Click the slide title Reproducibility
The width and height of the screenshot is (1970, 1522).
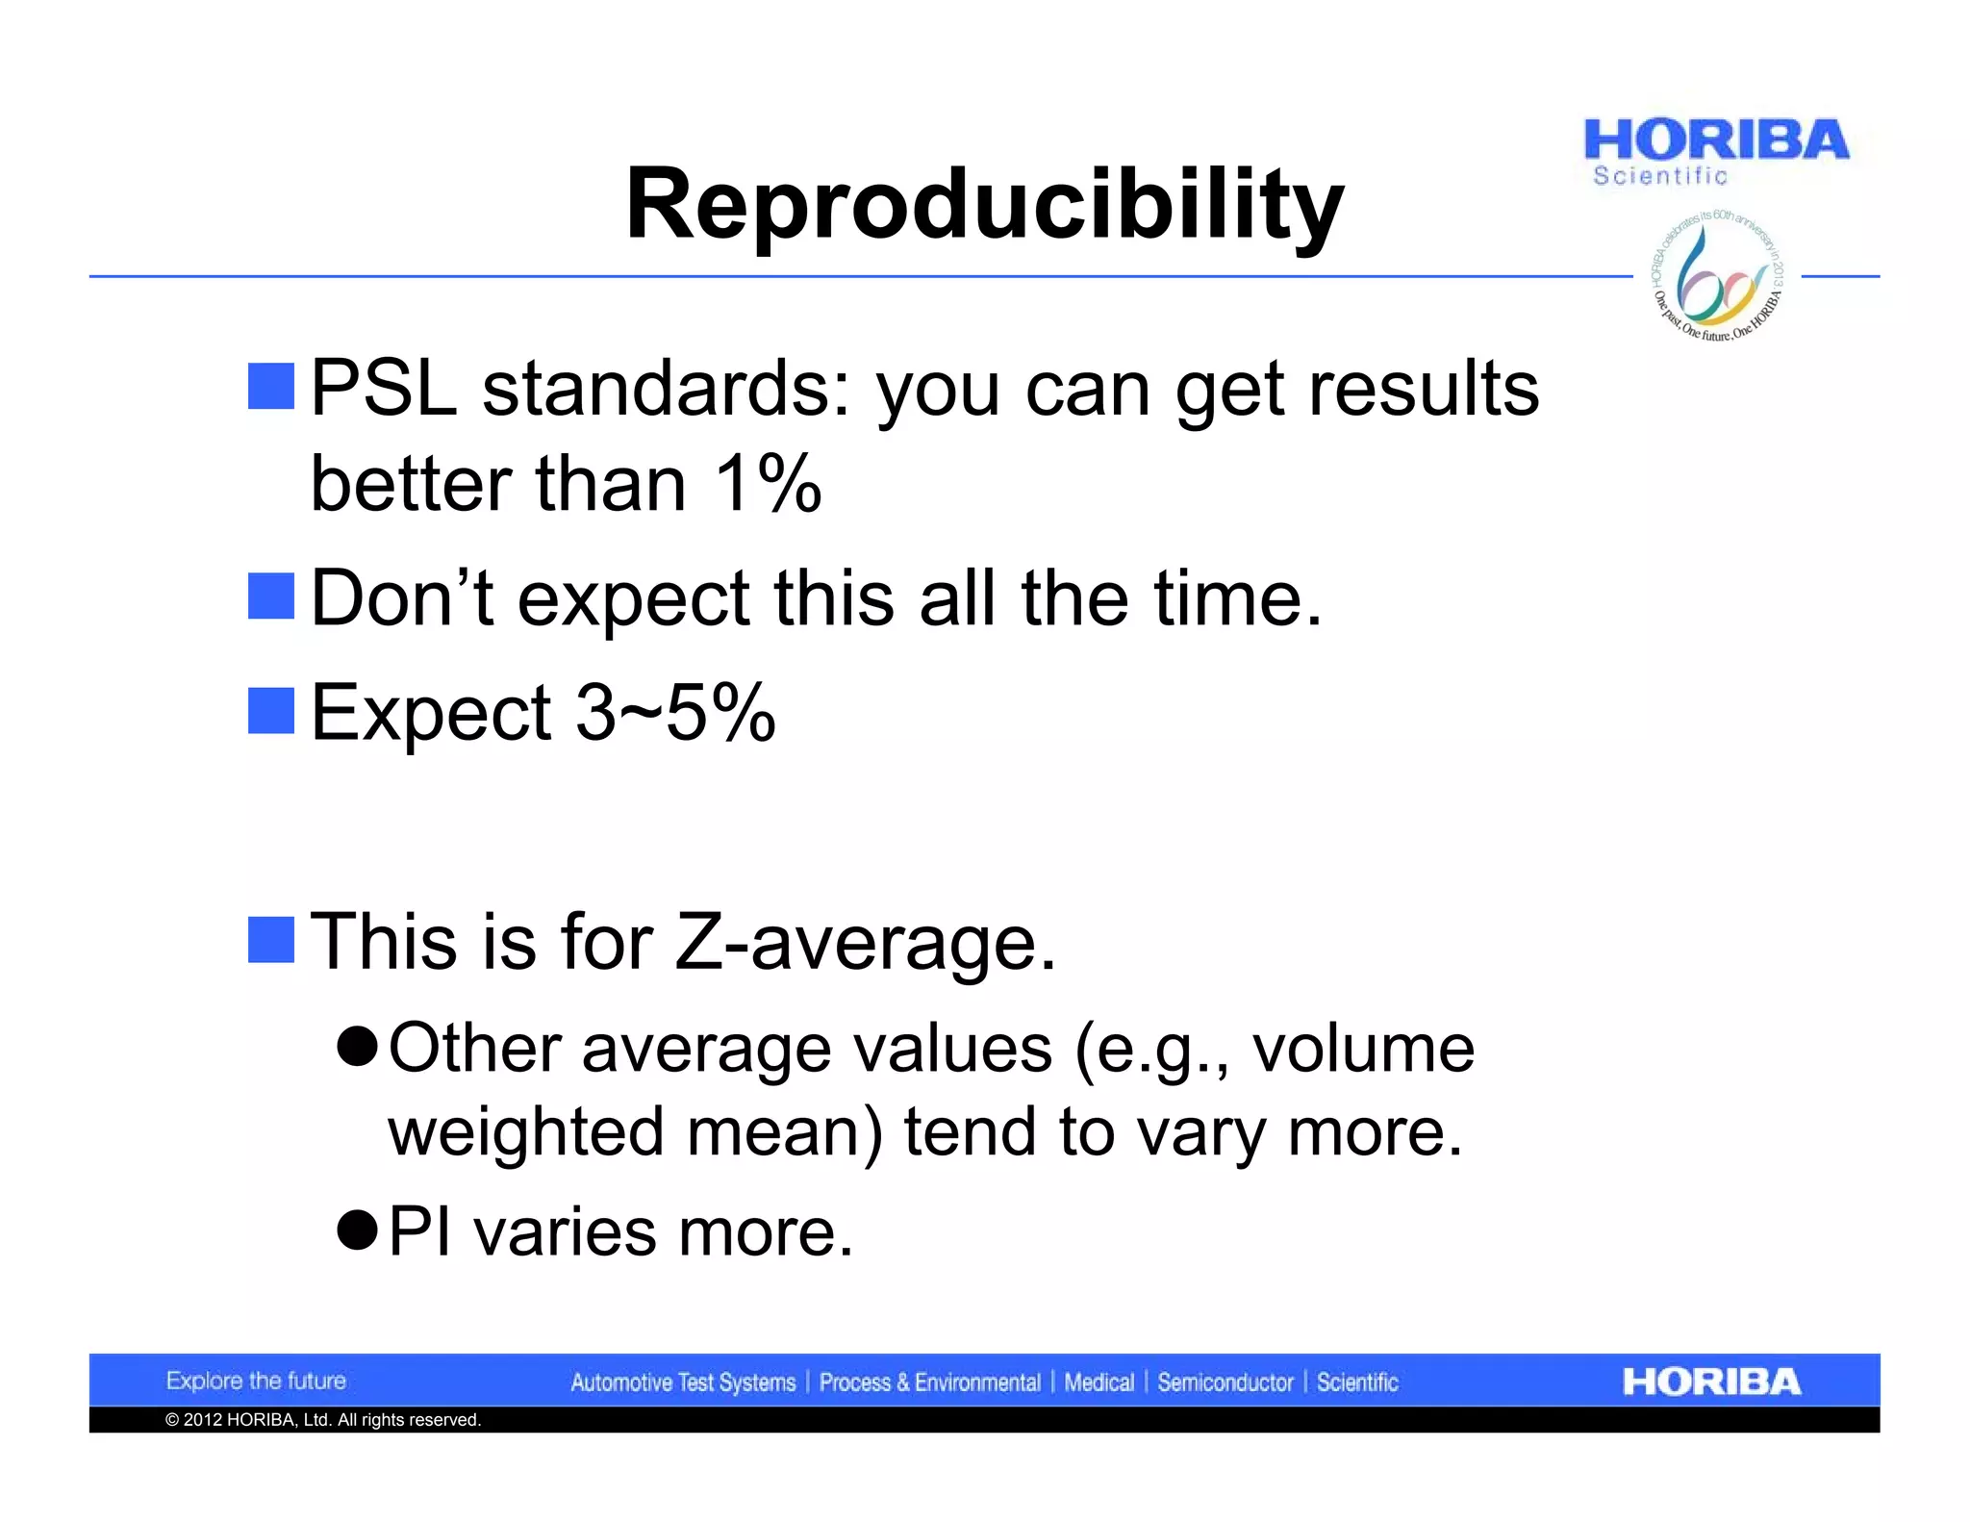point(984,204)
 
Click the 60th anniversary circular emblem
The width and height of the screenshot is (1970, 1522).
point(1718,277)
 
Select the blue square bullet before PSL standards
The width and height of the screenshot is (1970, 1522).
point(271,387)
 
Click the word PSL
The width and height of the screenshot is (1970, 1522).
point(384,389)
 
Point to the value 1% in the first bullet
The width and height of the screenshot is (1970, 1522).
point(767,483)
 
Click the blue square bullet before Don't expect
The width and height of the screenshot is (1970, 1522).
point(271,596)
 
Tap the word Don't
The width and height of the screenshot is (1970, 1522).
point(402,598)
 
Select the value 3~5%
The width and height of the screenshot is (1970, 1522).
point(675,713)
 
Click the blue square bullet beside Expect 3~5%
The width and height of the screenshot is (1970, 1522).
point(271,711)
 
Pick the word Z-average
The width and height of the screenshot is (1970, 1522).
point(865,942)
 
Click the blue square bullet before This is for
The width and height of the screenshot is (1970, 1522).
point(271,940)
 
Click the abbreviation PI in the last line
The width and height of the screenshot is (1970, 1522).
point(420,1232)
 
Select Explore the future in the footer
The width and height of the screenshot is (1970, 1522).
point(256,1382)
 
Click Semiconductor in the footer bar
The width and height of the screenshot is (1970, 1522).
point(1225,1382)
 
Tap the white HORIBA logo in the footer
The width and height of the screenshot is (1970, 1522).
point(1711,1382)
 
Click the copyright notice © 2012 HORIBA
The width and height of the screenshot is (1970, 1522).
point(323,1420)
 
